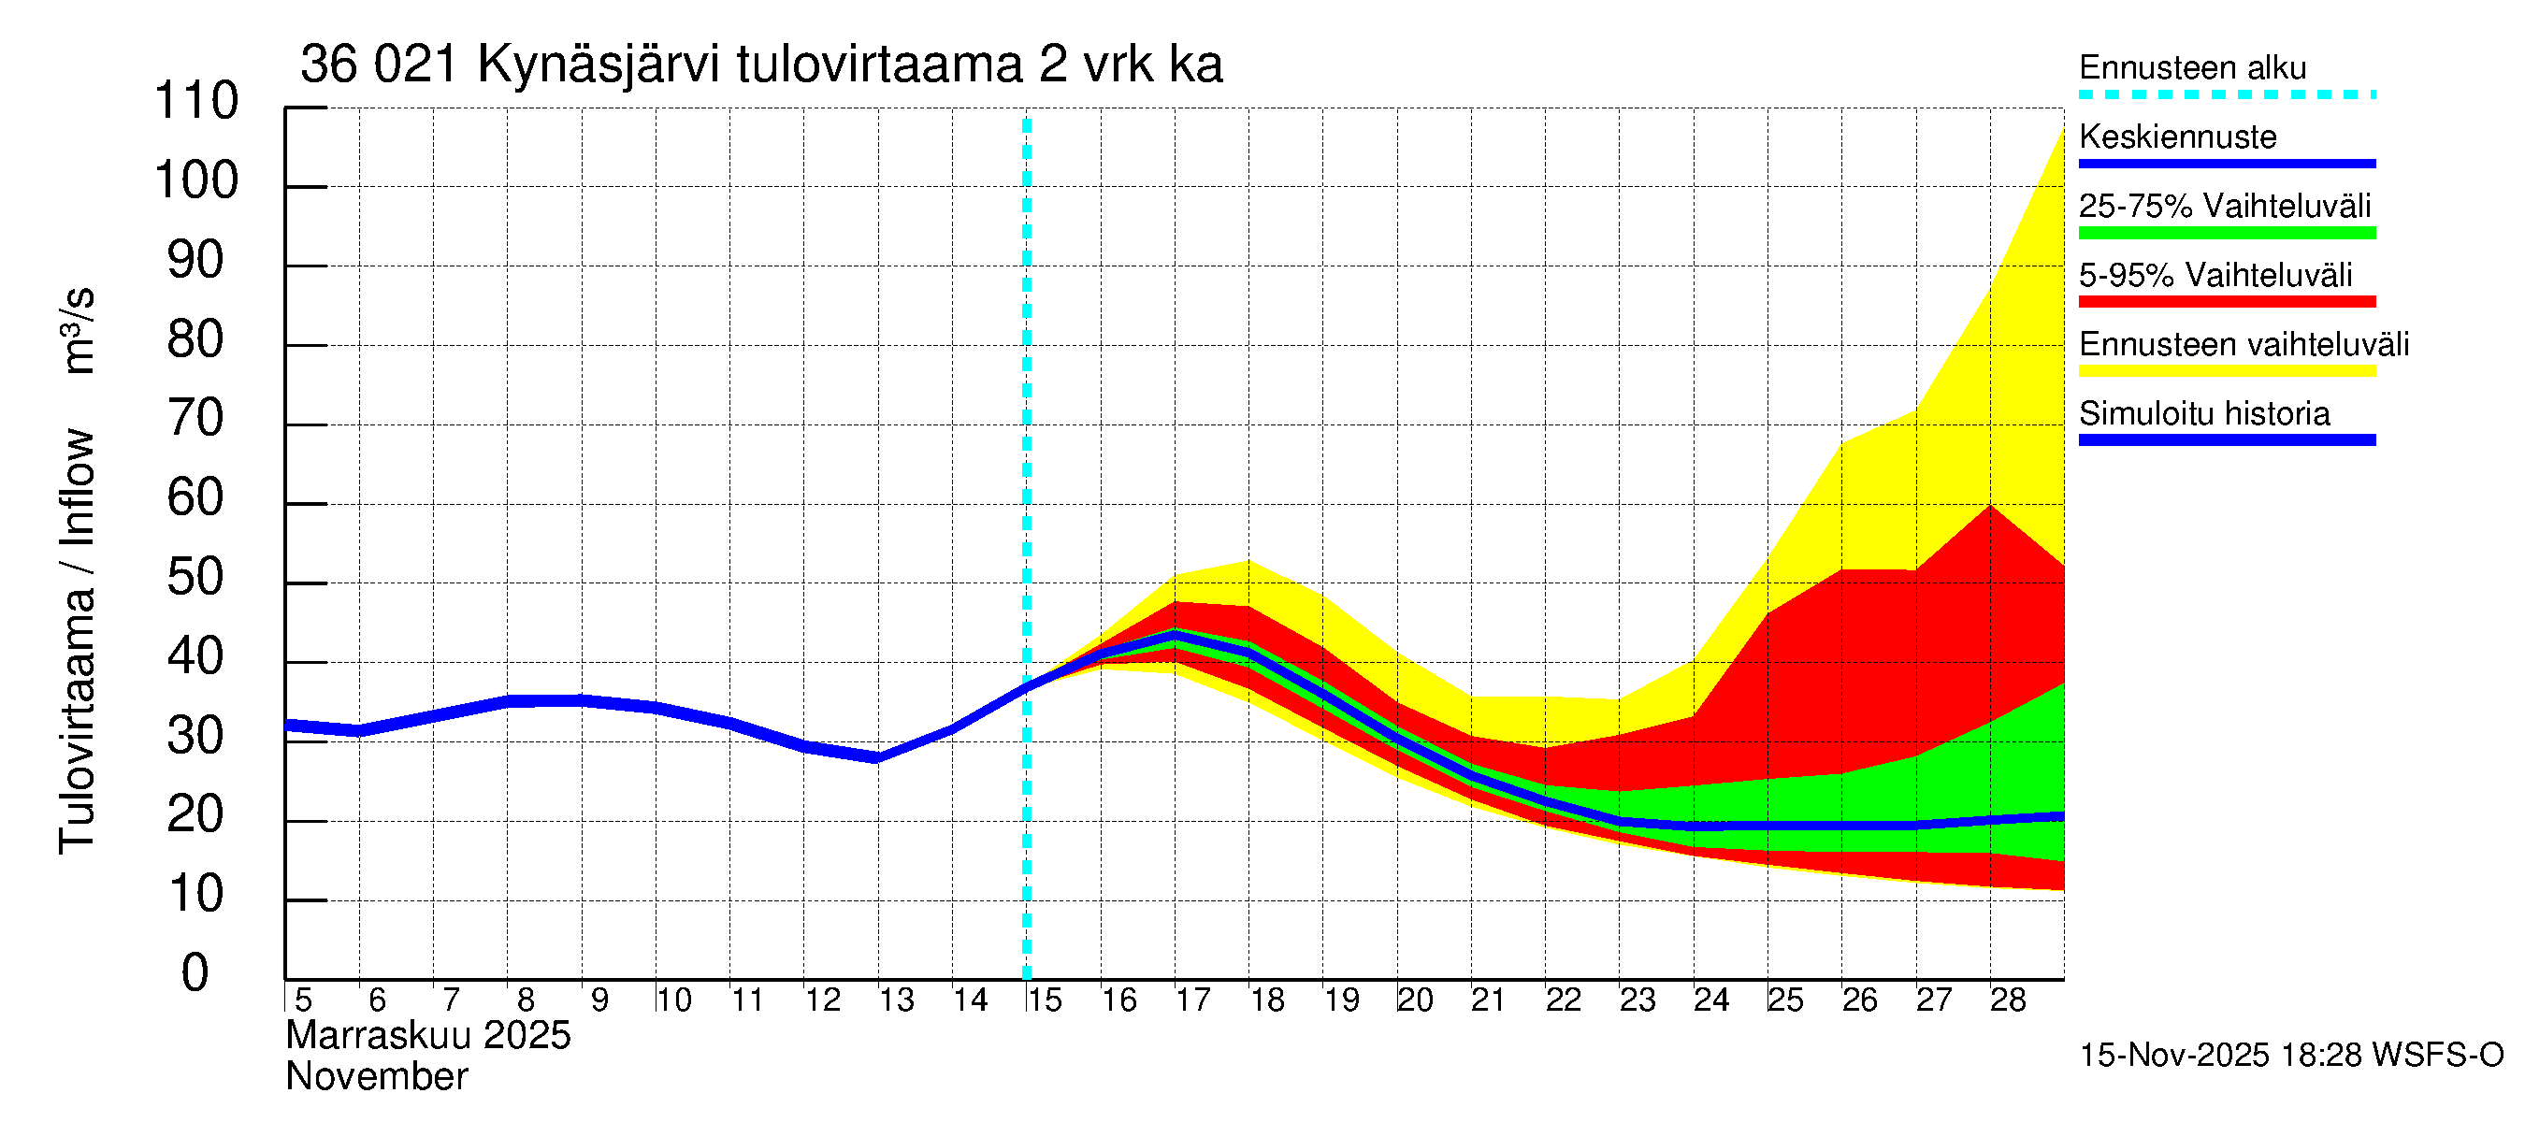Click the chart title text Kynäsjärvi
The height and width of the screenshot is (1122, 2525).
click(x=598, y=65)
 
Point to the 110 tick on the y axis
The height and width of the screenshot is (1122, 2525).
click(x=196, y=101)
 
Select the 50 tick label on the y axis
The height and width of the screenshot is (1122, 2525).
click(x=195, y=577)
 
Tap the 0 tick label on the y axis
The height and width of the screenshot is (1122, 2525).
click(x=195, y=973)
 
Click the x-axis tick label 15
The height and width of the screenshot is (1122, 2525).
click(x=1044, y=1000)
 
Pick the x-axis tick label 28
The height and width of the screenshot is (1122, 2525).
click(x=2008, y=1000)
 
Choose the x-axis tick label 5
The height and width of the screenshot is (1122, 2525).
click(x=303, y=1000)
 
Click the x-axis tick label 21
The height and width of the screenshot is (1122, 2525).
click(x=1488, y=1000)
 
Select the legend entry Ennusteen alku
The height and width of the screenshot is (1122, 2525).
click(x=2192, y=68)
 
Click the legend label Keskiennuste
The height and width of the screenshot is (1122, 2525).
click(x=2177, y=137)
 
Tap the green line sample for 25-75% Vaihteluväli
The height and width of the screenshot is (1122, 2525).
click(x=2226, y=233)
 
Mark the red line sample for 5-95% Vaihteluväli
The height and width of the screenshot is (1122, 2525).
click(x=2226, y=302)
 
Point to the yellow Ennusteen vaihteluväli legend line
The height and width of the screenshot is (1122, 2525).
click(x=2226, y=371)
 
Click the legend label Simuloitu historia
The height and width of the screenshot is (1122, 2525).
click(x=2203, y=413)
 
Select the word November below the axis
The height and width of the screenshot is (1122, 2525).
click(x=376, y=1077)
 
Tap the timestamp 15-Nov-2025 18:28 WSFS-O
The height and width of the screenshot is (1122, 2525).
click(x=2290, y=1056)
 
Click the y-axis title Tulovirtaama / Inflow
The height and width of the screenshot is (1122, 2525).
click(x=77, y=641)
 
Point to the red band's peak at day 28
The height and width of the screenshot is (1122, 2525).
click(x=1990, y=507)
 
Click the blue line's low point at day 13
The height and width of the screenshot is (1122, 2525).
click(x=877, y=757)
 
